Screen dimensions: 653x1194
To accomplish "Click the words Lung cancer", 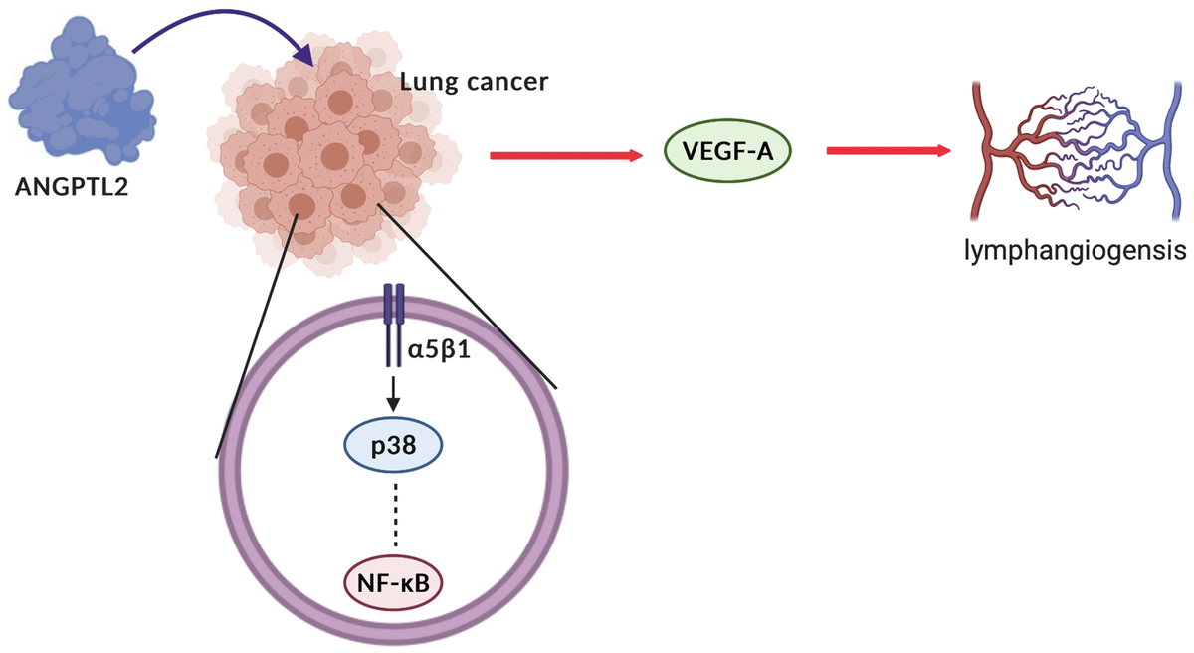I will point(473,81).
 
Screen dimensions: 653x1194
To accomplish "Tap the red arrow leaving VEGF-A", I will point(886,151).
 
